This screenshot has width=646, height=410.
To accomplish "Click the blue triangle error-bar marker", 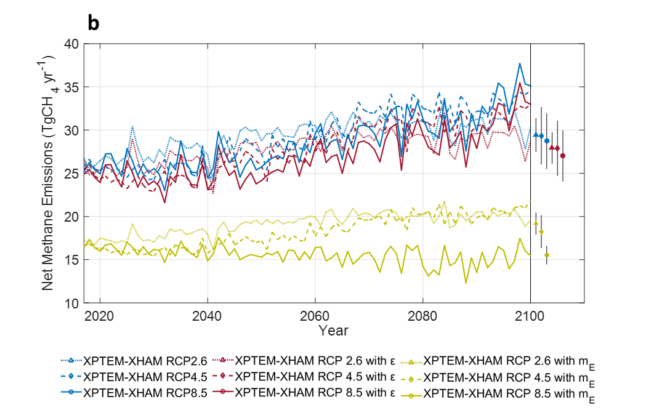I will [x=536, y=135].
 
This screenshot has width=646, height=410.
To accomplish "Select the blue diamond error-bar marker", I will [x=541, y=135].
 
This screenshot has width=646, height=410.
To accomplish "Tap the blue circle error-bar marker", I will [x=547, y=141].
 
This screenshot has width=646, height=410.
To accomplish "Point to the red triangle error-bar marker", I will [x=552, y=147].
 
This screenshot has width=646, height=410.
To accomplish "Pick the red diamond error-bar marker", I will [x=557, y=148].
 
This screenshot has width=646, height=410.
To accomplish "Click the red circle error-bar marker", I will [x=563, y=156].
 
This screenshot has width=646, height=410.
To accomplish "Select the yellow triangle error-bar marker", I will [x=536, y=223].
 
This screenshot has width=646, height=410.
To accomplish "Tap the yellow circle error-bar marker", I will [x=547, y=255].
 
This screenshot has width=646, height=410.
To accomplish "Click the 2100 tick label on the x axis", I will [x=531, y=315].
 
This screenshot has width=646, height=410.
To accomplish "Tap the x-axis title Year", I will [x=333, y=331].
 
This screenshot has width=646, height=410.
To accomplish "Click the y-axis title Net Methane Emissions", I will [x=49, y=172].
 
